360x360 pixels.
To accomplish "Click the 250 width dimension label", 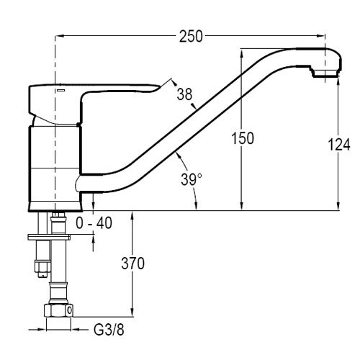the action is tap(191, 37).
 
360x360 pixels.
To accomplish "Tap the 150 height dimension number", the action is tap(243, 138).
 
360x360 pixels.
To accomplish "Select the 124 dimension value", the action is tap(339, 145).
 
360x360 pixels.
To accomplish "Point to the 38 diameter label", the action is tap(184, 94).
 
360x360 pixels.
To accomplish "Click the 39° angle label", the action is tap(192, 179).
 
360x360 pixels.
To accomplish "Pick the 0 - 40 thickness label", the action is tap(94, 223).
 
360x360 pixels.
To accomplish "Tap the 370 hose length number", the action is tap(132, 264).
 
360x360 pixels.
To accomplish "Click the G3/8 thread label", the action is tap(109, 330).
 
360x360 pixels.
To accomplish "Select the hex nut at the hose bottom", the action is tap(58, 310).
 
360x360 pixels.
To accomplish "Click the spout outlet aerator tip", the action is tap(325, 73).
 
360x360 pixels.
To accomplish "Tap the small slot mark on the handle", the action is tap(61, 90).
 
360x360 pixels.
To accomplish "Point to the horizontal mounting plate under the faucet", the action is tap(49, 237).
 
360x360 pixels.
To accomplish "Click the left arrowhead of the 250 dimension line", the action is tap(59, 36).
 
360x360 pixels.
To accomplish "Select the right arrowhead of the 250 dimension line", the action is tap(321, 36).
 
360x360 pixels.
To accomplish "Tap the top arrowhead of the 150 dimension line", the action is tap(242, 53).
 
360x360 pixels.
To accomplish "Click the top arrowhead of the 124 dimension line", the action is tap(338, 81).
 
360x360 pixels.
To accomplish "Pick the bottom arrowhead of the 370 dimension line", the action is tap(132, 312).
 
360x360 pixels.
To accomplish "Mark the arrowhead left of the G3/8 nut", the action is tap(41, 330).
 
